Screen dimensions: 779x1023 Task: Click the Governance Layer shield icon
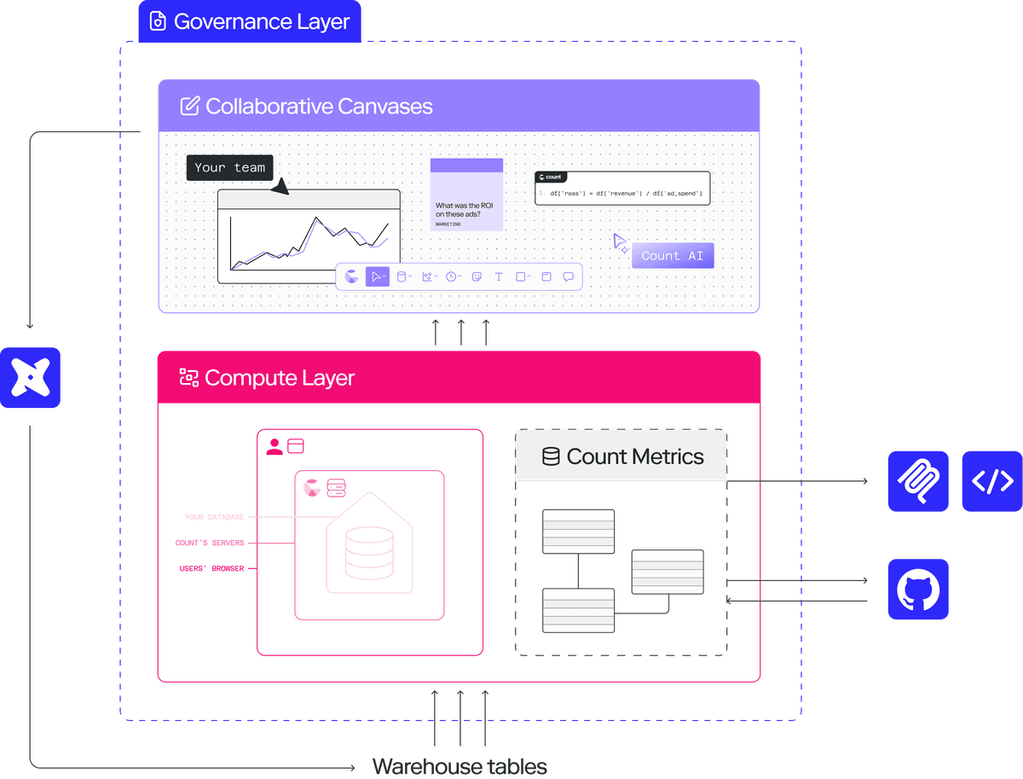pyautogui.click(x=157, y=21)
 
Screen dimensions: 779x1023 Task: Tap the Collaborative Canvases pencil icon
pyautogui.click(x=190, y=106)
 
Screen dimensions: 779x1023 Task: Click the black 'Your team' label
pyautogui.click(x=229, y=167)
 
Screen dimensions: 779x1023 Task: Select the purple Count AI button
pyautogui.click(x=672, y=255)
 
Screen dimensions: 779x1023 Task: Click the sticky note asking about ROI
pyautogui.click(x=466, y=195)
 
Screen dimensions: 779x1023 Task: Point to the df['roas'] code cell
pyautogui.click(x=622, y=188)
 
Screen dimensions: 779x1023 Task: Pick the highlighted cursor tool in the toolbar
pyautogui.click(x=377, y=276)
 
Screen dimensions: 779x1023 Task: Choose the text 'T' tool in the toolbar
pyautogui.click(x=499, y=276)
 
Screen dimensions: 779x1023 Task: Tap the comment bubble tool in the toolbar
pyautogui.click(x=569, y=276)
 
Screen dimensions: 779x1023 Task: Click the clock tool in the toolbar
pyautogui.click(x=451, y=276)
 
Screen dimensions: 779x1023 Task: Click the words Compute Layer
pyautogui.click(x=280, y=378)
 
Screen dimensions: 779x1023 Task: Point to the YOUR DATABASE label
pyautogui.click(x=215, y=517)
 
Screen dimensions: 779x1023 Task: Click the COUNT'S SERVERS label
pyautogui.click(x=210, y=543)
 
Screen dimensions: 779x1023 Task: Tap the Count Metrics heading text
pyautogui.click(x=635, y=456)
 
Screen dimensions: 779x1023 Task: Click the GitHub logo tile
pyautogui.click(x=918, y=589)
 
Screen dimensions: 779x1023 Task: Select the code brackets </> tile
pyautogui.click(x=992, y=481)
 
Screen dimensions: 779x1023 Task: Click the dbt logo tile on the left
pyautogui.click(x=31, y=377)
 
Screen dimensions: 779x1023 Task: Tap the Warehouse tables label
pyautogui.click(x=459, y=766)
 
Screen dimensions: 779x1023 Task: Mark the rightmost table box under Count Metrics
pyautogui.click(x=668, y=572)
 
